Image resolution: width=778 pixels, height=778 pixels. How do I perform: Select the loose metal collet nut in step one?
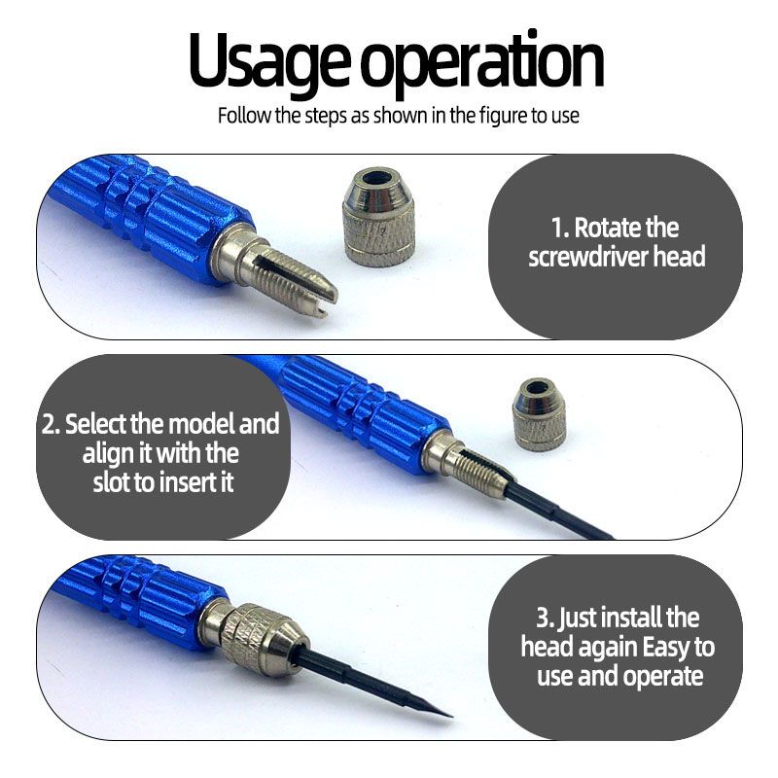click(x=378, y=216)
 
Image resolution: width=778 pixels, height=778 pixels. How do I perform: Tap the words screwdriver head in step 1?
click(x=617, y=257)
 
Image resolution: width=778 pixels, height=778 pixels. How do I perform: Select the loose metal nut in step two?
click(x=539, y=413)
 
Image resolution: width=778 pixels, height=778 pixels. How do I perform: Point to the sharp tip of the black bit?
click(x=450, y=716)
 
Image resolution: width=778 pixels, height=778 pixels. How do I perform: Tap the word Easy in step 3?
click(x=666, y=648)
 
